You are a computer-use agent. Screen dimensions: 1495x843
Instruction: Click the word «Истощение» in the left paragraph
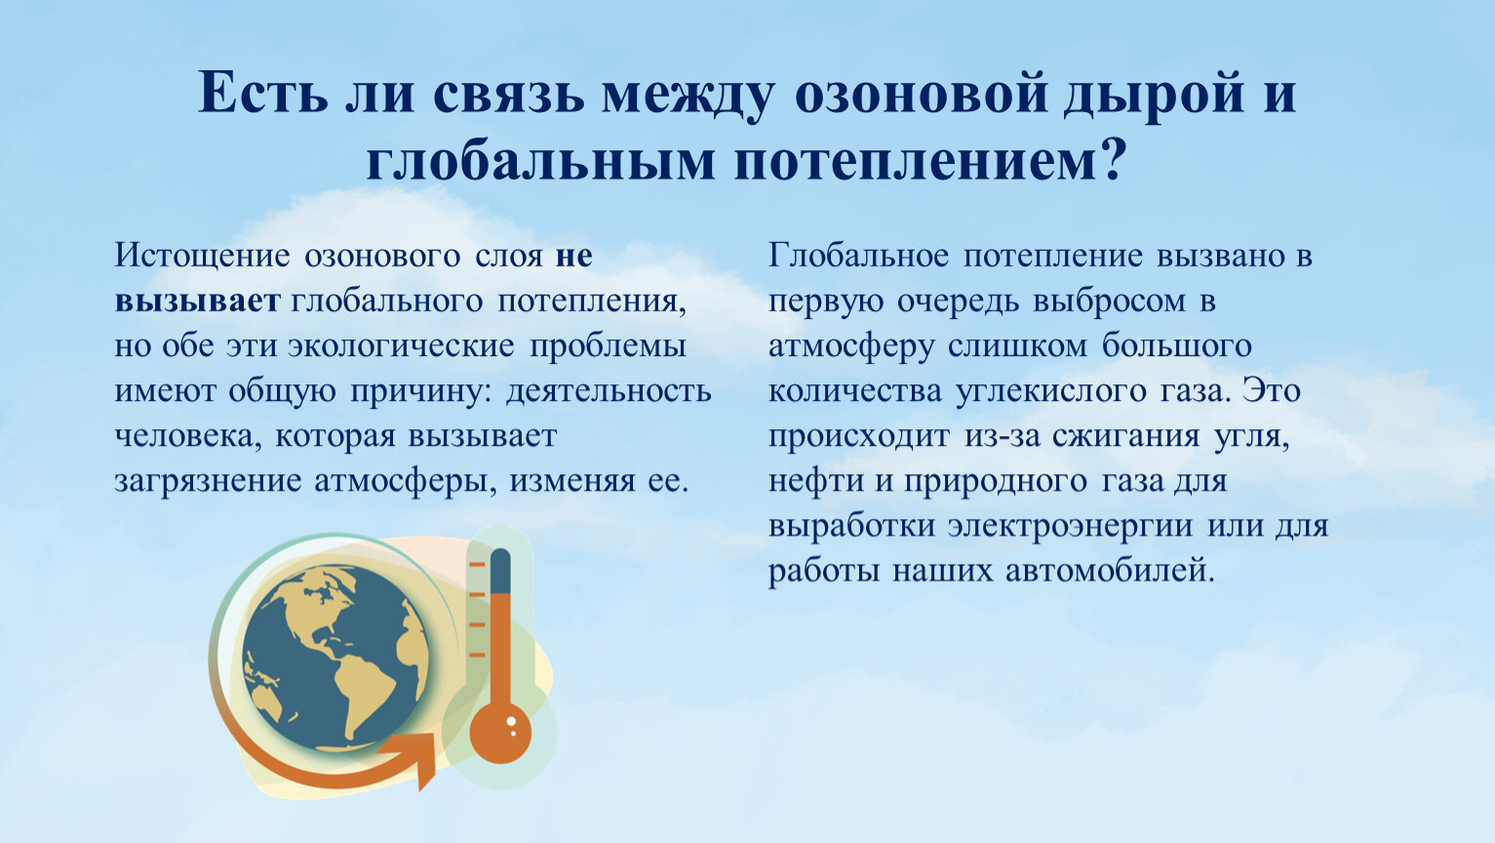[202, 257]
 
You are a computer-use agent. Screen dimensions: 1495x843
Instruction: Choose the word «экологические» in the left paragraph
[401, 346]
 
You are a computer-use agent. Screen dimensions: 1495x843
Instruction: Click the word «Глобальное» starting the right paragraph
[858, 256]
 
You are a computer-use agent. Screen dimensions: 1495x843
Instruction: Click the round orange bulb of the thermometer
[500, 731]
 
